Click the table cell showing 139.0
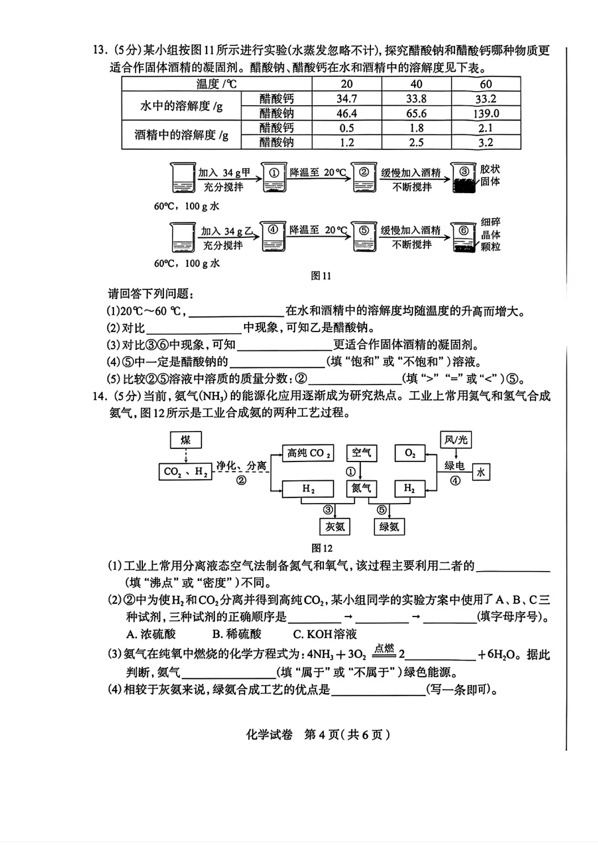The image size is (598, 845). click(486, 113)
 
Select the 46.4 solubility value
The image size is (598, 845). click(347, 113)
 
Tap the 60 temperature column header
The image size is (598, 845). click(486, 84)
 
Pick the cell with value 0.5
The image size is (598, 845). click(347, 128)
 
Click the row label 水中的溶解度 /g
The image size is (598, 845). click(181, 106)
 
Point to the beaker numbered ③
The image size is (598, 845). click(464, 178)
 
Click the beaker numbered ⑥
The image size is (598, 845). click(463, 237)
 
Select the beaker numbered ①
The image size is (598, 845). click(273, 178)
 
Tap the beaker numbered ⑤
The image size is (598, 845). click(364, 237)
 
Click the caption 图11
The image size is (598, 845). click(321, 276)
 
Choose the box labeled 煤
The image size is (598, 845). click(185, 440)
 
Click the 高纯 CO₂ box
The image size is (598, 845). click(308, 453)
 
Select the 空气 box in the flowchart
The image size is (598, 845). click(362, 453)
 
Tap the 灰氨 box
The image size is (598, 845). click(335, 526)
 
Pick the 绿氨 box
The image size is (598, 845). click(389, 526)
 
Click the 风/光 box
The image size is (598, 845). click(456, 440)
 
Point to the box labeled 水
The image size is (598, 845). click(481, 472)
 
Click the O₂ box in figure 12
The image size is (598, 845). click(410, 453)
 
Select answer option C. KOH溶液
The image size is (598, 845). click(325, 634)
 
